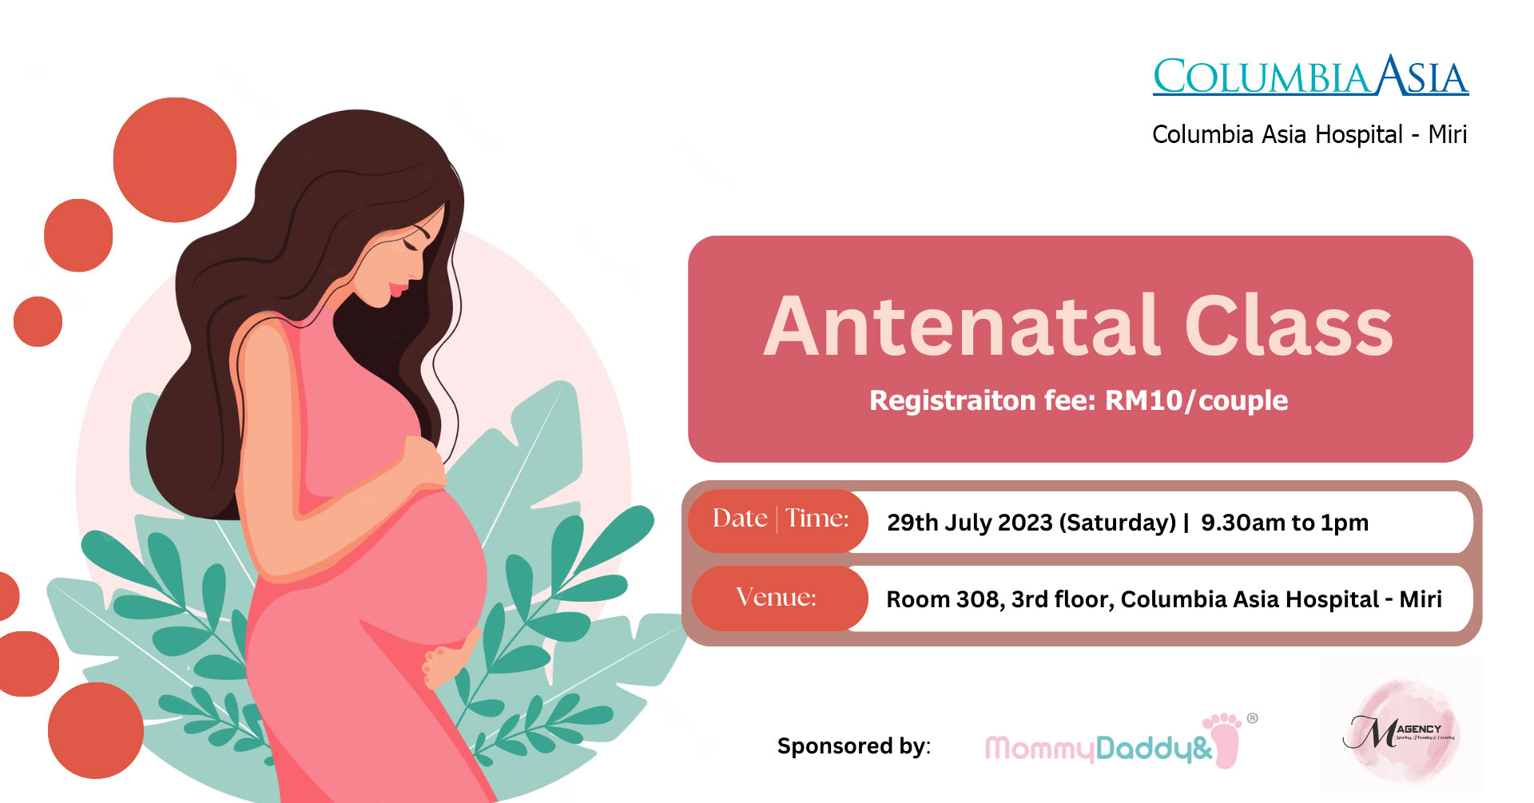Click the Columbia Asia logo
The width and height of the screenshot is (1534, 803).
pos(1310,77)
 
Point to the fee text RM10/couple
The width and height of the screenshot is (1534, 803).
pos(1196,400)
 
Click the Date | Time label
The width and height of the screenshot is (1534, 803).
pos(780,519)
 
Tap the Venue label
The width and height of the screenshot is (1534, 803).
pos(776,598)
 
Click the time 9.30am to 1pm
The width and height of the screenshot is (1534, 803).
pos(1284,523)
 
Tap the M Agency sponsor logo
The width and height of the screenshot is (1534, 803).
pos(1401,729)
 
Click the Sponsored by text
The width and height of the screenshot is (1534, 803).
pos(853,746)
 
